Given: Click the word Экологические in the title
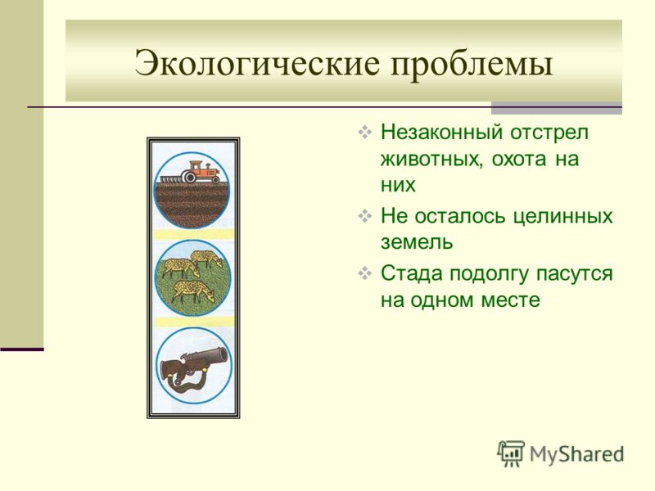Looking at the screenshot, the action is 257,63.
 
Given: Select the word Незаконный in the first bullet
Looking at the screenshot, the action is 441,132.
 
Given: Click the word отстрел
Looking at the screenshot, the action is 549,133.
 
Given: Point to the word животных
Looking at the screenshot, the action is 431,159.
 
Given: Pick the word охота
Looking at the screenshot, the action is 518,159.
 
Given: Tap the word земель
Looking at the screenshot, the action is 417,242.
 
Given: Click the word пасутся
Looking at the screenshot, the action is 575,274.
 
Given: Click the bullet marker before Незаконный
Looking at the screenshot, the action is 364,133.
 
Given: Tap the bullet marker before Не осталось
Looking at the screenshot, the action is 364,216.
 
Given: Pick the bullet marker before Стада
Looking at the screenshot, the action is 364,274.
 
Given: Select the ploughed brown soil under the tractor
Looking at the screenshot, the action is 192,205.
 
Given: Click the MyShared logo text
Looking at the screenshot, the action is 577,455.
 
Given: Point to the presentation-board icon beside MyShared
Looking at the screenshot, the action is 511,453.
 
